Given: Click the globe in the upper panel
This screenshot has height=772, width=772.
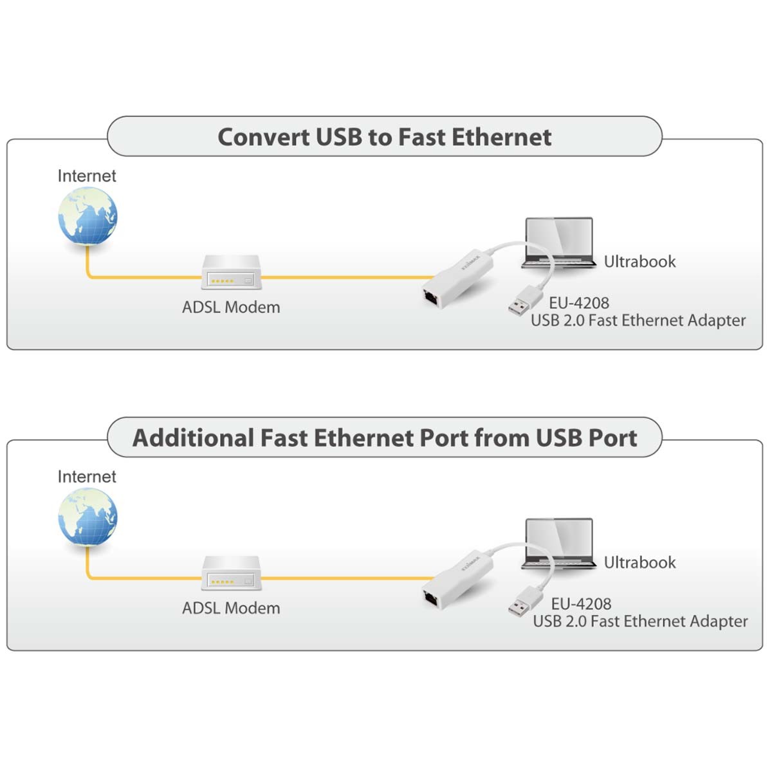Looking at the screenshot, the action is [87, 216].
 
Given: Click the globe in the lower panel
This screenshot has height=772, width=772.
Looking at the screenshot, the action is [87, 517].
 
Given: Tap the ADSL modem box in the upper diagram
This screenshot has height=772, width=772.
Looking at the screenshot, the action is [232, 272].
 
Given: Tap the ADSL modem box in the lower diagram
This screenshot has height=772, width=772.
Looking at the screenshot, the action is [232, 573].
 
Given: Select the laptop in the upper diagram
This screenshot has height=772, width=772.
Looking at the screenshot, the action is [559, 243].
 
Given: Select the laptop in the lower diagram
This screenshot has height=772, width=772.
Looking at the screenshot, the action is [559, 544].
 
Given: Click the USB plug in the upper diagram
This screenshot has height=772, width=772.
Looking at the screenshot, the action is [525, 301].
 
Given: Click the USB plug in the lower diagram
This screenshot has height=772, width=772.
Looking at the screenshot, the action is [525, 602].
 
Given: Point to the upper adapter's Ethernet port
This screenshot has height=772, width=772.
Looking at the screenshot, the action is [431, 299].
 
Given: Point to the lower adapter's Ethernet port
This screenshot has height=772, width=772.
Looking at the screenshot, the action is [431, 600].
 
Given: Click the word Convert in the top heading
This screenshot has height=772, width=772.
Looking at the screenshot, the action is [264, 138].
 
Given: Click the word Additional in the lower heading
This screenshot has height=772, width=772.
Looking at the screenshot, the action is [193, 438].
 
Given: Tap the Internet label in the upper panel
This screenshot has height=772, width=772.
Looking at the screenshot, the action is [87, 176].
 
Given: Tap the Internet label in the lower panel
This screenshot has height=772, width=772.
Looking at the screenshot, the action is [87, 477].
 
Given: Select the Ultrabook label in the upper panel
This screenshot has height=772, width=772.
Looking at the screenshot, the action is [639, 262].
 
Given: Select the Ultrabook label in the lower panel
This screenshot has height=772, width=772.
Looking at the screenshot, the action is [639, 562].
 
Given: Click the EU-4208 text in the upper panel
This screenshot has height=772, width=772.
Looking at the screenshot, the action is [579, 303].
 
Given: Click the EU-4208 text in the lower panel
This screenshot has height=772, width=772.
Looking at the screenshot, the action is [582, 604].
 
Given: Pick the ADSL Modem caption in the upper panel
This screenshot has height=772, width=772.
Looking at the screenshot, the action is [231, 308].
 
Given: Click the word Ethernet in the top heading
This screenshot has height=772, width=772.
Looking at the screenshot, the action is [502, 138].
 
